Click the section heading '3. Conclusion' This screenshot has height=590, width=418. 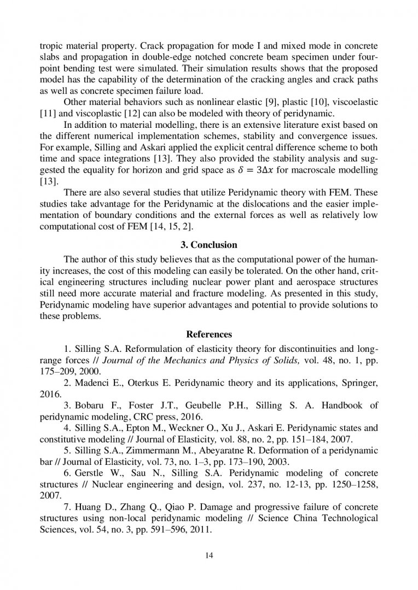pos(209,245)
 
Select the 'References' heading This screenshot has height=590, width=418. pos(209,334)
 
